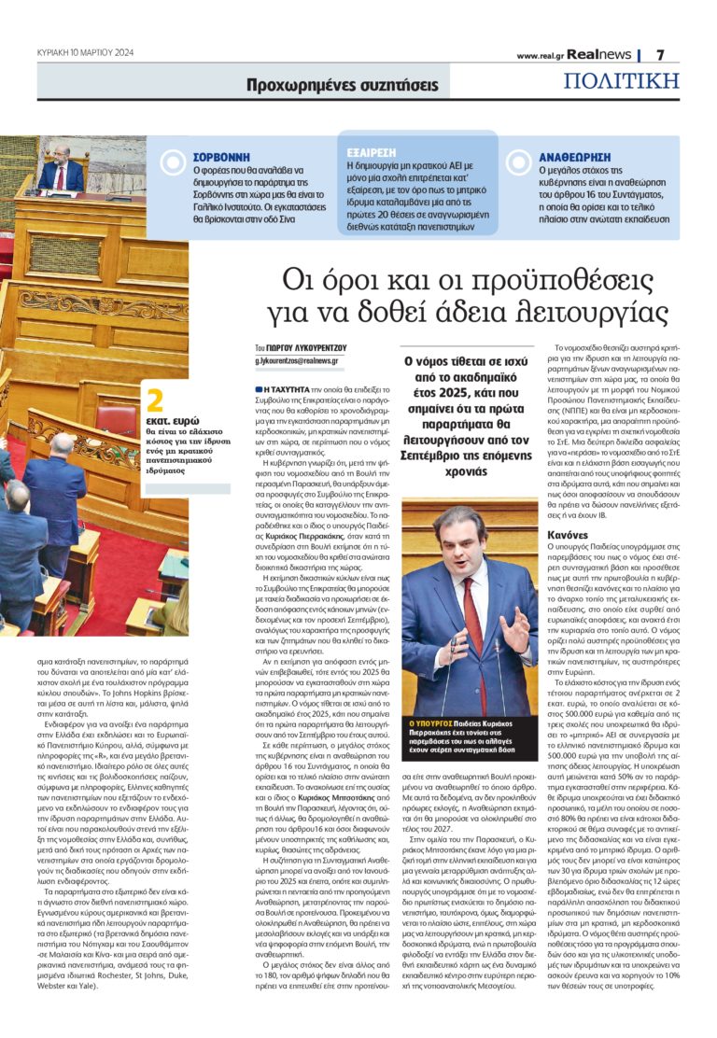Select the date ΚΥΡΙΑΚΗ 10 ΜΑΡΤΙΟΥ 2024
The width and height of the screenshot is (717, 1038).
tap(86, 52)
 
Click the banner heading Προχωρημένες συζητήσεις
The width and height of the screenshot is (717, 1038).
tap(342, 85)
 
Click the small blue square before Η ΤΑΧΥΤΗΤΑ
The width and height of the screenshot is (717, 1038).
tap(259, 386)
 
